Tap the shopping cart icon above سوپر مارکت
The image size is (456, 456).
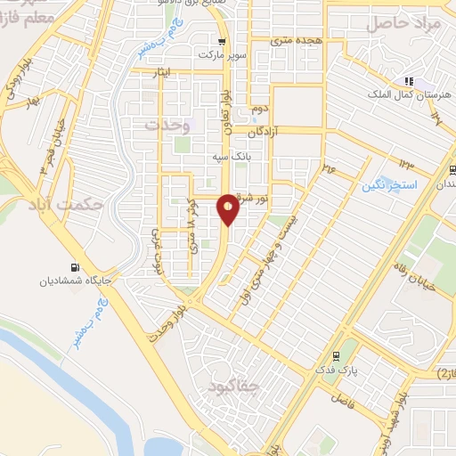click(221, 41)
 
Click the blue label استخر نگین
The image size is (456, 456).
click(384, 185)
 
